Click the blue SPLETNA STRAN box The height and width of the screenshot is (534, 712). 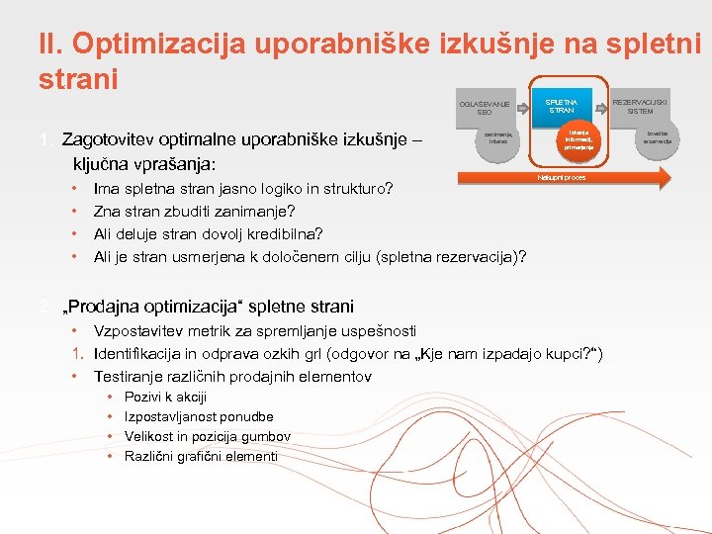pyautogui.click(x=561, y=104)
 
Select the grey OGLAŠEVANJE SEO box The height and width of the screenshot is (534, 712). pyautogui.click(x=485, y=108)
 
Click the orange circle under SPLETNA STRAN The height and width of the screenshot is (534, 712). pyautogui.click(x=578, y=141)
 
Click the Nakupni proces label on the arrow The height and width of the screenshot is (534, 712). pyautogui.click(x=562, y=178)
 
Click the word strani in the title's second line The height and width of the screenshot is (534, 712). pyautogui.click(x=78, y=78)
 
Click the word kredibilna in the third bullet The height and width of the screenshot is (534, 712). pyautogui.click(x=282, y=233)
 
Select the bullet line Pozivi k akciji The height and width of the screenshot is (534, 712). pyautogui.click(x=165, y=397)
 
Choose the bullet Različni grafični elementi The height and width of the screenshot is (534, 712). pyautogui.click(x=201, y=456)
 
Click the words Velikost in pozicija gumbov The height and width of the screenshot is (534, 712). pyautogui.click(x=208, y=436)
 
